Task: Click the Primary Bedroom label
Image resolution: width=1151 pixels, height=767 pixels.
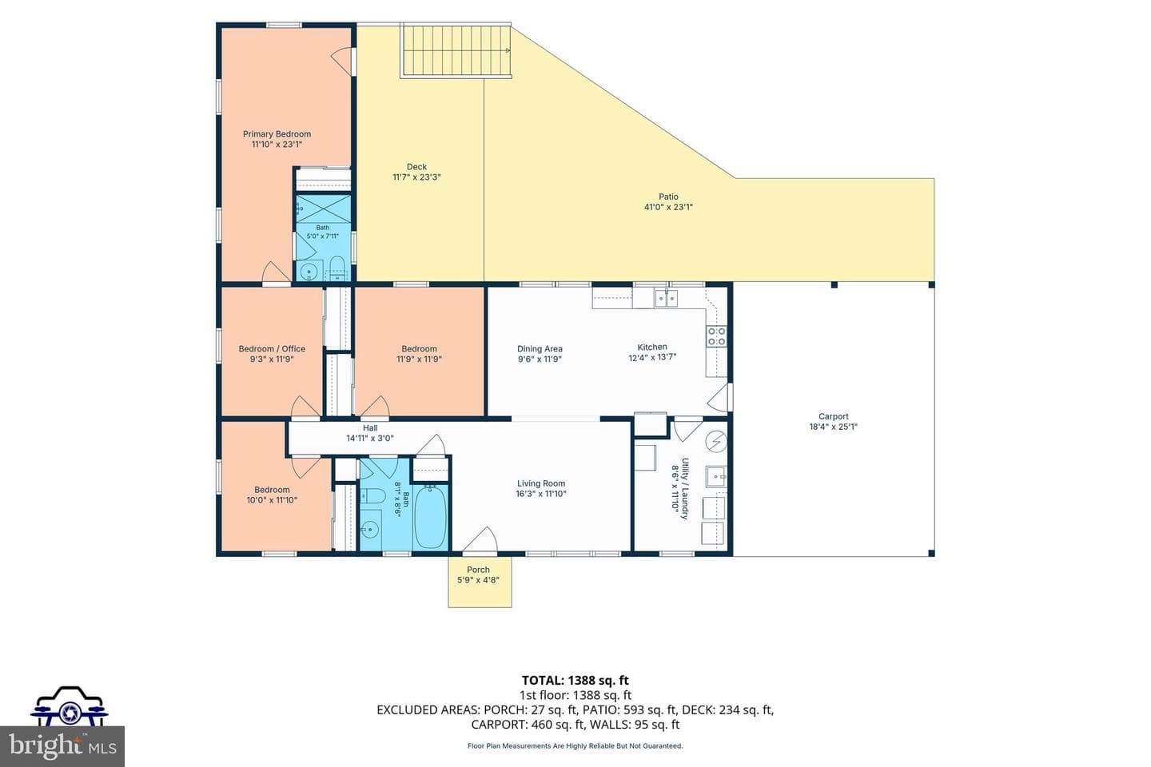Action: (x=277, y=134)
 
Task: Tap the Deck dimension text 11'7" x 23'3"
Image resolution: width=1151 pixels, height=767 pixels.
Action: (x=416, y=177)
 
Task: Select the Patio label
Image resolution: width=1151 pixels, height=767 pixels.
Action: (x=668, y=197)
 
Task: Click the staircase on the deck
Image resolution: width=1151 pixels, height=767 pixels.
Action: (x=456, y=51)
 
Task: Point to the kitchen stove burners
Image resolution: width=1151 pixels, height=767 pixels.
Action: (x=717, y=336)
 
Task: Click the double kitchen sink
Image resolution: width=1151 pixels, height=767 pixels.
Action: (x=667, y=299)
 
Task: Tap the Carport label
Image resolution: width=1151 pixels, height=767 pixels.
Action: (x=834, y=416)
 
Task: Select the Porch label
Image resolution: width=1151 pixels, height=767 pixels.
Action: (x=478, y=570)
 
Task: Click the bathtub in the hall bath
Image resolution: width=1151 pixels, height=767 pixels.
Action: (x=430, y=518)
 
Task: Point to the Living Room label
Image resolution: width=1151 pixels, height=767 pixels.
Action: (x=541, y=483)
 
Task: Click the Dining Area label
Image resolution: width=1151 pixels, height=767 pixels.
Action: (x=540, y=349)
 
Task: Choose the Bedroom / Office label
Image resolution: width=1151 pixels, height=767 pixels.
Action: (x=272, y=349)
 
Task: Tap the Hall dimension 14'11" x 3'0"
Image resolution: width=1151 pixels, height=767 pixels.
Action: (x=370, y=438)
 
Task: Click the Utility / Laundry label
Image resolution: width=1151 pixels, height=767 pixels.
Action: (x=684, y=488)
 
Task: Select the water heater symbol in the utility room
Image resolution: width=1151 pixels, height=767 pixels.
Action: (x=716, y=441)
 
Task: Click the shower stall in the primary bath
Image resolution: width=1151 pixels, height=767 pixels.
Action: (x=324, y=209)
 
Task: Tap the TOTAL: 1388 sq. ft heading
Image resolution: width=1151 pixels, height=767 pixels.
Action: (x=575, y=680)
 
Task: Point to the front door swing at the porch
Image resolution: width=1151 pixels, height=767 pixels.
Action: (x=480, y=540)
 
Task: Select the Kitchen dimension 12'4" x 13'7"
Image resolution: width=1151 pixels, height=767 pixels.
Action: (x=652, y=358)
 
